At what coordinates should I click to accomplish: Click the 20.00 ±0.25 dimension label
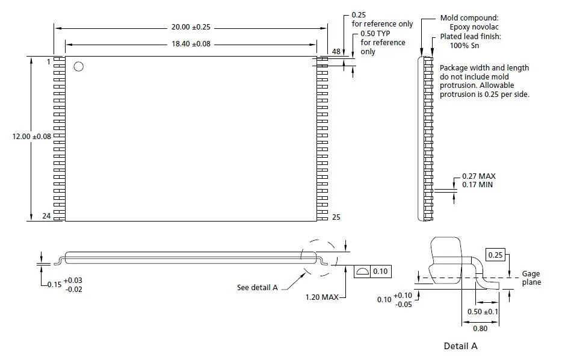[x=191, y=27]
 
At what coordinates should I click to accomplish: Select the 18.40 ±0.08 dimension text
[x=191, y=44]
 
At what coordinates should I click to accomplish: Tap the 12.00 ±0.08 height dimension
[x=32, y=136]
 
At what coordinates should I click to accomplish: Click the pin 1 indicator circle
[x=78, y=66]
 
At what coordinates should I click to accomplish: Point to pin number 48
[x=336, y=51]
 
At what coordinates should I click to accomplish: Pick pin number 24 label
[x=46, y=216]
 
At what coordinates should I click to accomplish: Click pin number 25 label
[x=336, y=217]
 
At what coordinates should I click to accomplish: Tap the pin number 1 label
[x=48, y=62]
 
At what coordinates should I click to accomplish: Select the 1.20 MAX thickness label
[x=322, y=297]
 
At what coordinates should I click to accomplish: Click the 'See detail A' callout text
[x=258, y=288]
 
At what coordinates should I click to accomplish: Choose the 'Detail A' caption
[x=460, y=346]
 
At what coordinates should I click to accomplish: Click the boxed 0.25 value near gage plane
[x=495, y=255]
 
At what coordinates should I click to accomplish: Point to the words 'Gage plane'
[x=531, y=278]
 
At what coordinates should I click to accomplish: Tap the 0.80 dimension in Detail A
[x=480, y=328]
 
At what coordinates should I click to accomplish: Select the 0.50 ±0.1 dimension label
[x=483, y=312]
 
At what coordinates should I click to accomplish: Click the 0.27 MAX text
[x=479, y=176]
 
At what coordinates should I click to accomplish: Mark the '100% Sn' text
[x=465, y=46]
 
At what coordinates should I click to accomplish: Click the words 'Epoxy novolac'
[x=474, y=27]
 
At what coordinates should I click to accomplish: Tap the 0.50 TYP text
[x=375, y=34]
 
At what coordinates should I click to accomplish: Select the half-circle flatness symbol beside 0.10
[x=362, y=272]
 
